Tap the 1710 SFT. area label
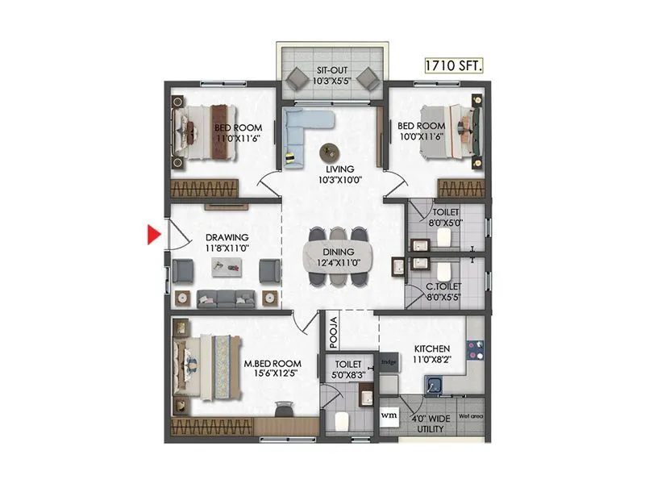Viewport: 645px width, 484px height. pyautogui.click(x=454, y=66)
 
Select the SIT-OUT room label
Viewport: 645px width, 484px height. pyautogui.click(x=333, y=71)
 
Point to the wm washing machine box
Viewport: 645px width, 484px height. pyautogui.click(x=389, y=416)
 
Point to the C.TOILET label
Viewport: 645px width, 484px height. pyautogui.click(x=443, y=286)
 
